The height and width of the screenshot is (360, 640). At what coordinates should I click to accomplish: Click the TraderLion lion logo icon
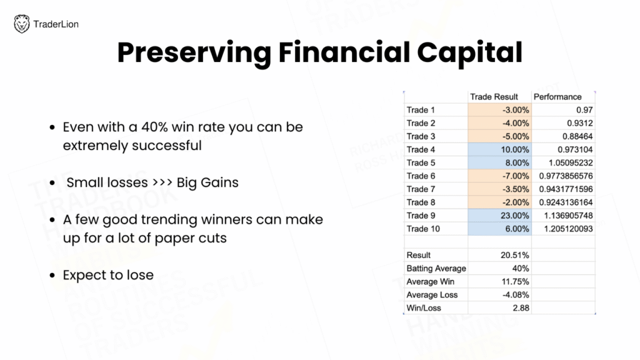click(x=22, y=24)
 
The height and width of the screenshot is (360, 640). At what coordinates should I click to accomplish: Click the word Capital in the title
click(x=469, y=53)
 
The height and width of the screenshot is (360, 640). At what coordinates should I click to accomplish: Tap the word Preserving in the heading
click(x=194, y=53)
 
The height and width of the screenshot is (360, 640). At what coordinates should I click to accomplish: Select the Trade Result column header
click(x=494, y=97)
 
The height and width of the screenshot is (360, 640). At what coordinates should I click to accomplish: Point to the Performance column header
click(x=557, y=97)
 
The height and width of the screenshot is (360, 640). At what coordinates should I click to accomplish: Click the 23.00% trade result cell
click(x=515, y=216)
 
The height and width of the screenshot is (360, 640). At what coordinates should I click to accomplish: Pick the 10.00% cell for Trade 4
click(x=515, y=149)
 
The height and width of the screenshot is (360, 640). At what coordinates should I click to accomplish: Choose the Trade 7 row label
click(x=421, y=189)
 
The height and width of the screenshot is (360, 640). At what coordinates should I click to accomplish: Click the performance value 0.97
click(x=584, y=110)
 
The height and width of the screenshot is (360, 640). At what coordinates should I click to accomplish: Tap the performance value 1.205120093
click(x=568, y=229)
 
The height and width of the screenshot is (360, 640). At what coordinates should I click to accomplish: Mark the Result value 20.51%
click(x=515, y=255)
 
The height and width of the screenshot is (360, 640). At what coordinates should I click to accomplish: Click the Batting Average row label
click(x=436, y=268)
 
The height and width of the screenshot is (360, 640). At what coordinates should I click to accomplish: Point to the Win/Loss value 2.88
click(x=521, y=307)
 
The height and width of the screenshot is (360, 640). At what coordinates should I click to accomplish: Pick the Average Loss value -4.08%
click(x=516, y=295)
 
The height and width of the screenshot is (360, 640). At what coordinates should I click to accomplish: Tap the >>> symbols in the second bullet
click(x=162, y=182)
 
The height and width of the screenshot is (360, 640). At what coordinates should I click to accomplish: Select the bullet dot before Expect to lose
click(x=52, y=275)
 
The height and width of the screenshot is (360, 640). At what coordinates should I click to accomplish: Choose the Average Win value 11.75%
click(x=515, y=282)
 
